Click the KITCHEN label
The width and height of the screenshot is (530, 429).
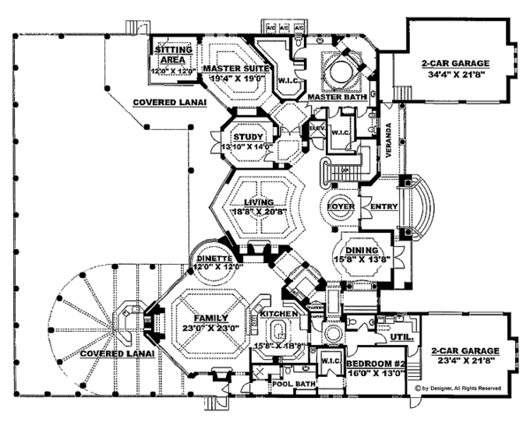pos(278,314)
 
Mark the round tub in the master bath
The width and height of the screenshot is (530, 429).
pos(338,72)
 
